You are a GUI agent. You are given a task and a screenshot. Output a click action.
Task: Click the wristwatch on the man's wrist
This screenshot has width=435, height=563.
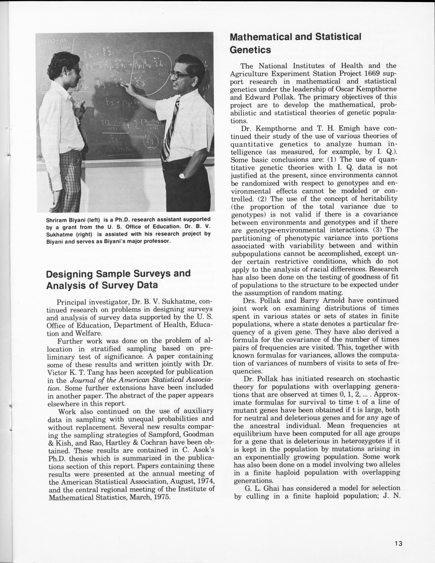click(182, 176)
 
